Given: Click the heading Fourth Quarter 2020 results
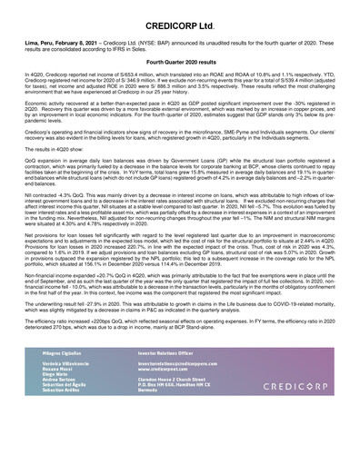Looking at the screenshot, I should pos(179,60).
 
